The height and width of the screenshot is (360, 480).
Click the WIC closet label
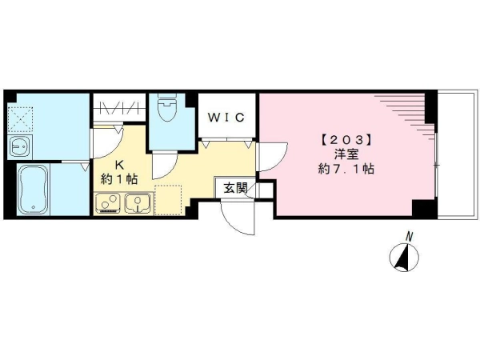(x=226, y=118)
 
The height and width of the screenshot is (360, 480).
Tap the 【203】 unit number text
(x=346, y=140)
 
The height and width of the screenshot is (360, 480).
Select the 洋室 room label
(x=346, y=154)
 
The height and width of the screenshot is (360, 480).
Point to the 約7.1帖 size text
(x=346, y=169)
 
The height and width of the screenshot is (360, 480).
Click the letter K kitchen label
(x=119, y=165)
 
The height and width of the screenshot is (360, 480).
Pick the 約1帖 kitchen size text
(x=119, y=179)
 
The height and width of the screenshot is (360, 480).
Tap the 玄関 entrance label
(x=235, y=188)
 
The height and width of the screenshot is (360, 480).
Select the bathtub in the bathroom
(x=34, y=190)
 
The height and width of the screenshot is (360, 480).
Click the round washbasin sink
(x=20, y=147)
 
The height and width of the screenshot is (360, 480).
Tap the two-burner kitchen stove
(x=108, y=203)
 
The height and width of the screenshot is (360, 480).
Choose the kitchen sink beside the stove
(x=138, y=203)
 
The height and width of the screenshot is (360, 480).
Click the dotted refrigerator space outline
(x=168, y=199)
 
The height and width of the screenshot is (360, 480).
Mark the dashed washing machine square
(x=20, y=119)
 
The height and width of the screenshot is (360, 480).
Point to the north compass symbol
(x=404, y=257)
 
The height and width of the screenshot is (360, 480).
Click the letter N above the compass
(x=409, y=236)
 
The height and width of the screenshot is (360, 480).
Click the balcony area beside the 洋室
(x=458, y=154)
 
